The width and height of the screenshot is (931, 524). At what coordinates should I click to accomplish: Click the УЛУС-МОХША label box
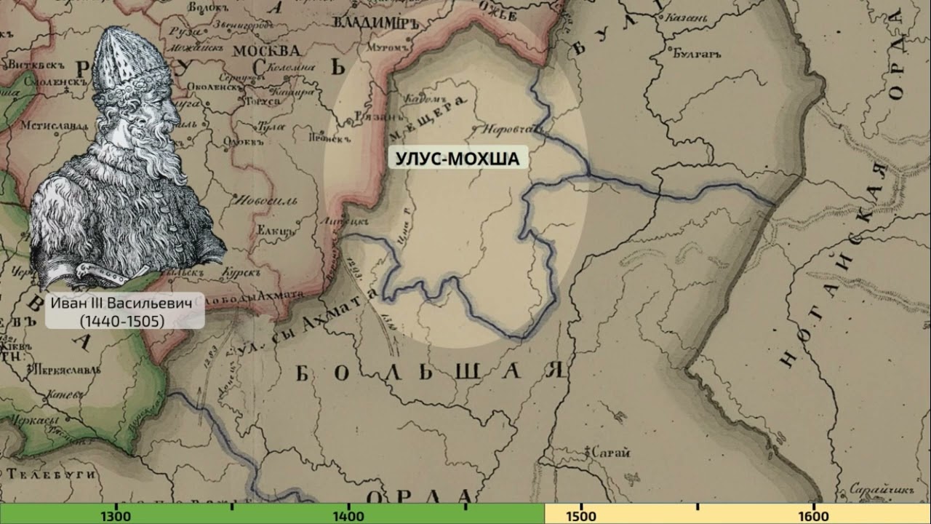pos(457,158)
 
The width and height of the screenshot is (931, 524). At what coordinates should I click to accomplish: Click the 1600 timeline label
pos(813,516)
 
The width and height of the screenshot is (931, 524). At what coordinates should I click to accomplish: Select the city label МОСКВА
pos(267,51)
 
